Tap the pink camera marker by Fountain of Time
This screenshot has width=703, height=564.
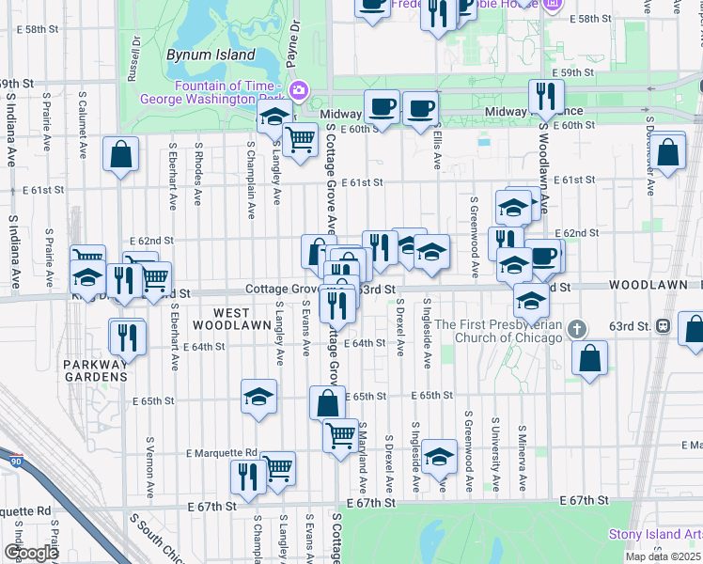299,90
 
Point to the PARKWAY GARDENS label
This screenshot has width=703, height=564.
94,370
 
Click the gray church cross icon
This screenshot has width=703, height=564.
578,328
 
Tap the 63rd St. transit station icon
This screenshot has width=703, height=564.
664,326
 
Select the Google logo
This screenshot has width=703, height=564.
31,553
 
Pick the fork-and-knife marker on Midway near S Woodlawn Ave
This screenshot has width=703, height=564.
545,96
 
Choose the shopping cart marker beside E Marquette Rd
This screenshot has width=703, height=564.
278,467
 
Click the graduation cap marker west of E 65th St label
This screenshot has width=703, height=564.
258,397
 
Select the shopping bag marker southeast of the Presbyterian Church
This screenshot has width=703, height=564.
589,358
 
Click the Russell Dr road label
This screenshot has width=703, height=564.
135,55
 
